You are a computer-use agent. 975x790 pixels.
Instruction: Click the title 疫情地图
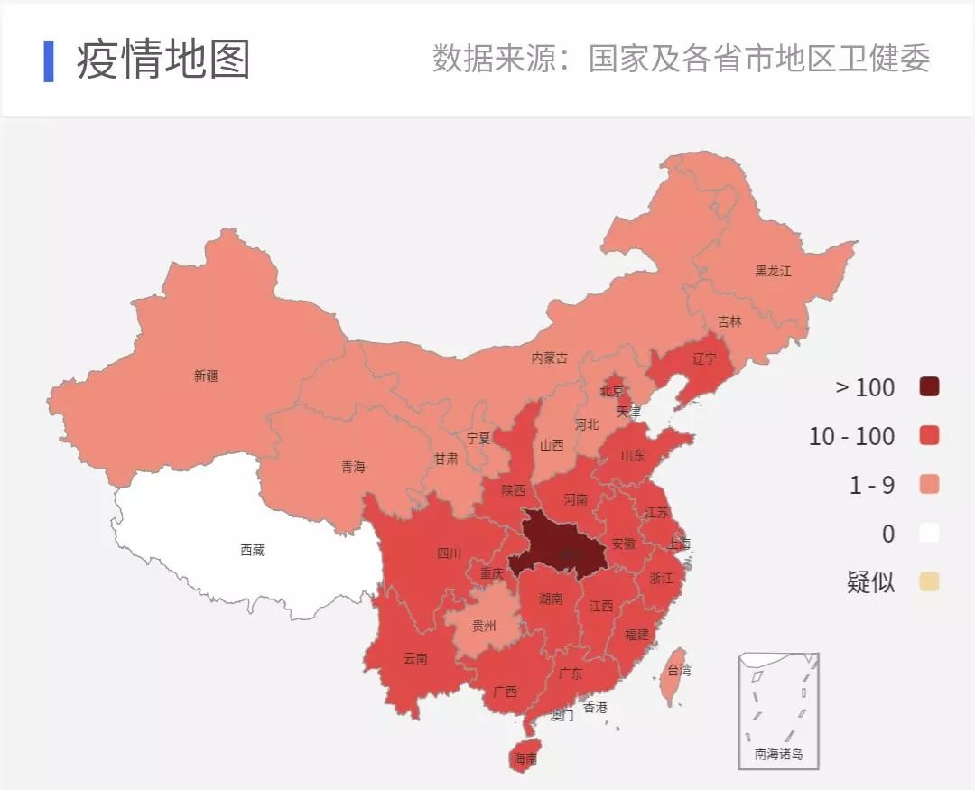pos(163,60)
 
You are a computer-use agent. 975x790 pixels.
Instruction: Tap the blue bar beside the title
pos(49,60)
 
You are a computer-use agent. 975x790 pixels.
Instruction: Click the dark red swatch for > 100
pos(929,387)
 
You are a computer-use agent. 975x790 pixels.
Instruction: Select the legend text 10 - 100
pos(851,436)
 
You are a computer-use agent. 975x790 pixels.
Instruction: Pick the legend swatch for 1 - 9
pos(929,485)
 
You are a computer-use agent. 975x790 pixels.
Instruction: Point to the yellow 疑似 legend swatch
pos(929,582)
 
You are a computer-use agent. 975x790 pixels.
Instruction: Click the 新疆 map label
pos(206,376)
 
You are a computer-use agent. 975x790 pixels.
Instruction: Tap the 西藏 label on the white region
pos(253,550)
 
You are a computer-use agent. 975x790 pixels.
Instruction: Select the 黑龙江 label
pos(773,271)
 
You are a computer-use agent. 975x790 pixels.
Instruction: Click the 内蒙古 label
pos(549,358)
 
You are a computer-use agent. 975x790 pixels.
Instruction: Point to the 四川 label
pos(449,553)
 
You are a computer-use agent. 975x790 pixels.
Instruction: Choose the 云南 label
pos(416,658)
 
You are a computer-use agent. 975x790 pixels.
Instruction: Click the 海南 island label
pos(525,759)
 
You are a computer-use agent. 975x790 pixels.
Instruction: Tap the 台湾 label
pos(679,671)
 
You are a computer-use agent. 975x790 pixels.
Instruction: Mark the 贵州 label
pos(484,625)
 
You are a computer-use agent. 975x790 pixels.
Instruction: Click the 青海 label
pos(353,467)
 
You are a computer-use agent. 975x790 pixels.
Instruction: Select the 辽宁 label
pos(704,358)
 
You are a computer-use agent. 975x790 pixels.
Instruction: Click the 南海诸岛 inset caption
pos(778,754)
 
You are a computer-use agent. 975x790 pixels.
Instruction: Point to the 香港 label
pos(595,707)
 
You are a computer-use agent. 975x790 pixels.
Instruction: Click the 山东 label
pos(633,456)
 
